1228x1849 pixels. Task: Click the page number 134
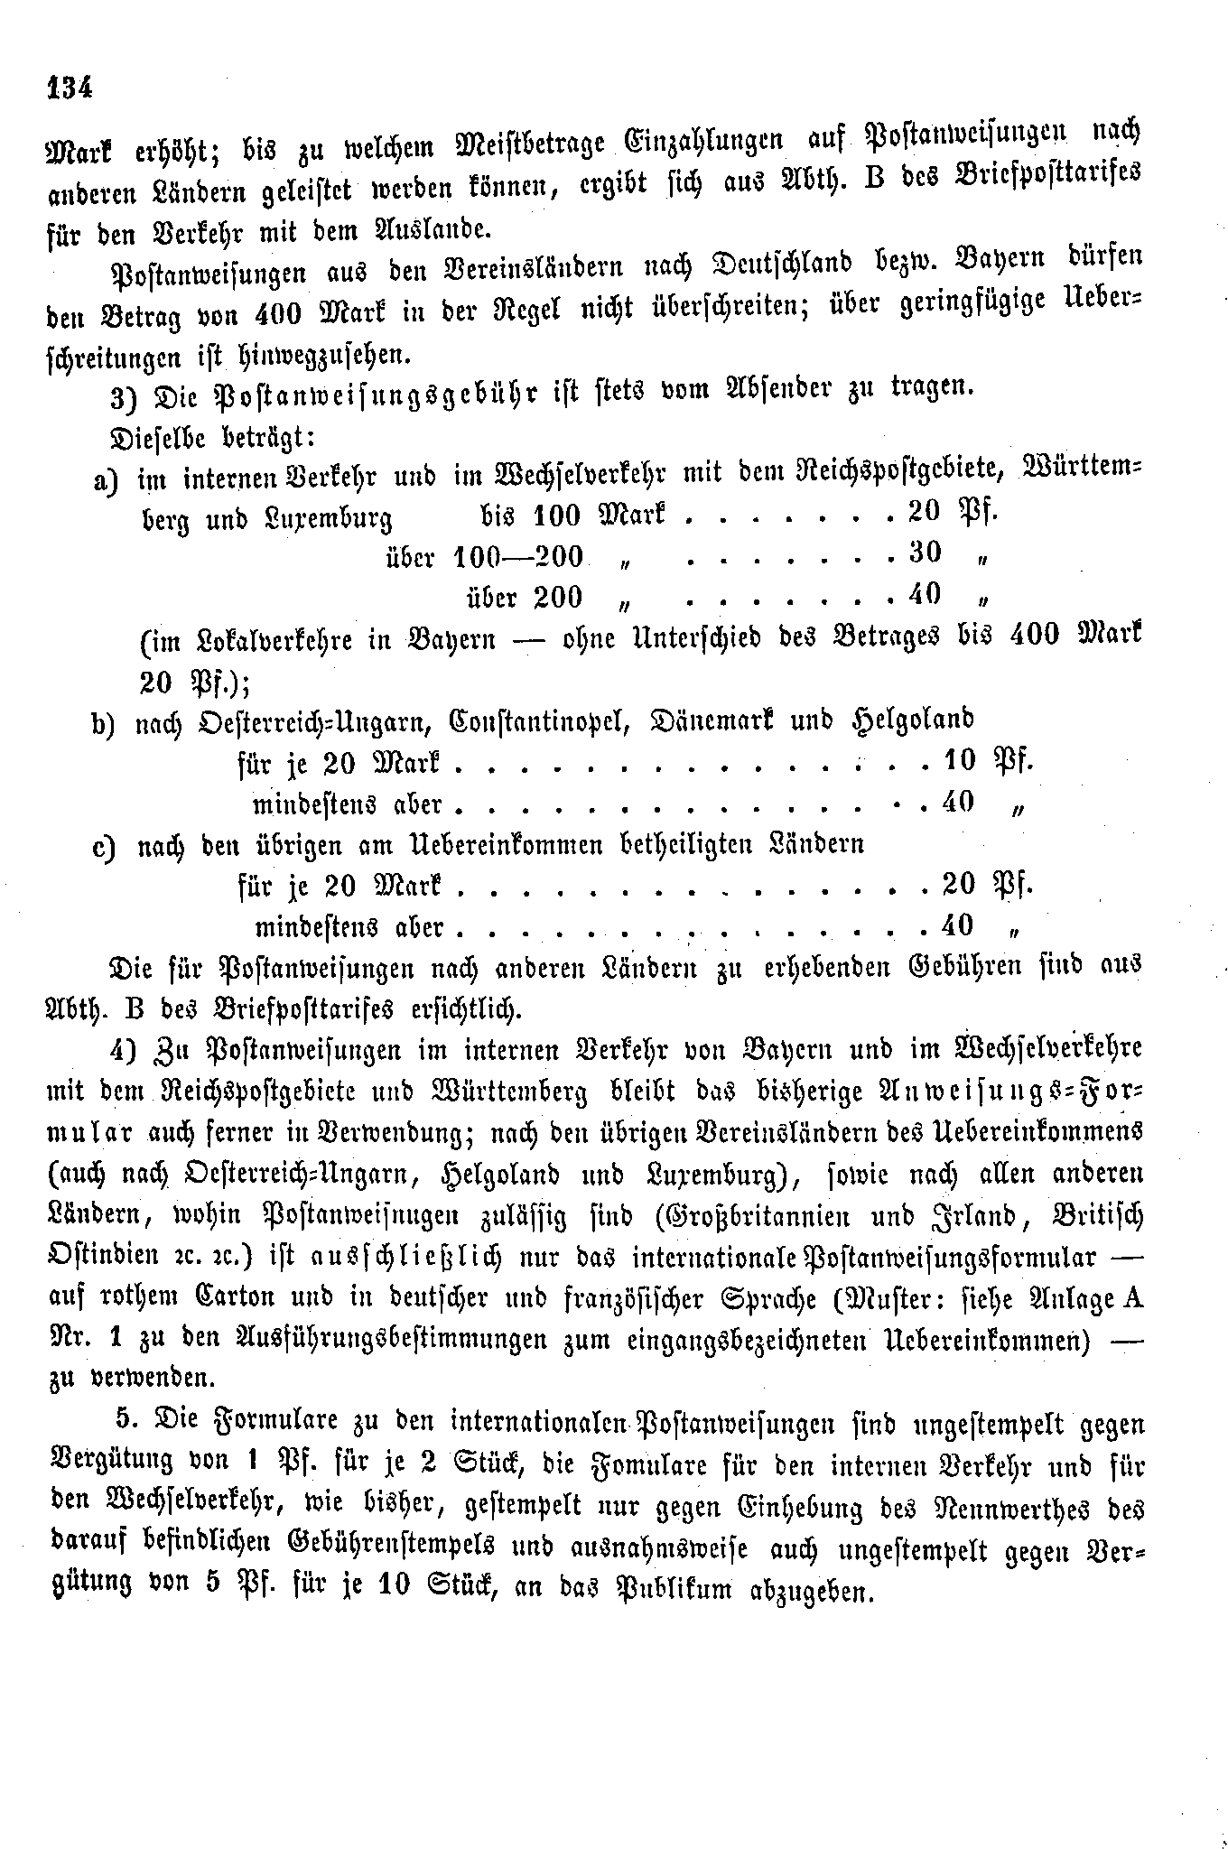point(69,88)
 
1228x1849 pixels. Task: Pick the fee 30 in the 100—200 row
point(923,553)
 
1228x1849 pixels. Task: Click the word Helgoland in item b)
point(913,720)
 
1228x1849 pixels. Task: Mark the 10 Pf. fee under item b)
point(986,761)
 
